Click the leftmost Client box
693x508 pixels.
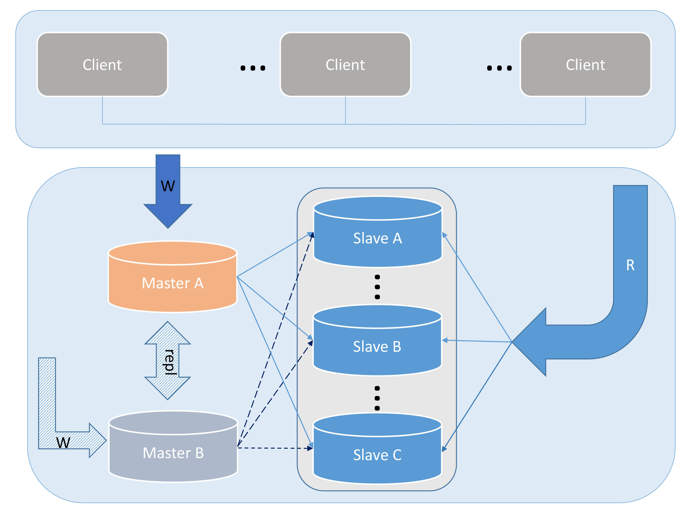102,65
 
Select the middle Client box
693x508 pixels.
345,65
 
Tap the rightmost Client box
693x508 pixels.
585,65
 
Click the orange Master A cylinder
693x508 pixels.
173,283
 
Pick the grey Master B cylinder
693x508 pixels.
173,453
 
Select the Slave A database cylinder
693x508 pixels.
378,238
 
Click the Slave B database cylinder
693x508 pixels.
377,347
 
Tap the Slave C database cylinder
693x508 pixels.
377,455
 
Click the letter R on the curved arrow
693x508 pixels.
630,265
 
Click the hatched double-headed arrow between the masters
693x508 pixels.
168,335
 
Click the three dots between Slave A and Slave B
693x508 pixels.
378,287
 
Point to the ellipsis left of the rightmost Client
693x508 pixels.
499,68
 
